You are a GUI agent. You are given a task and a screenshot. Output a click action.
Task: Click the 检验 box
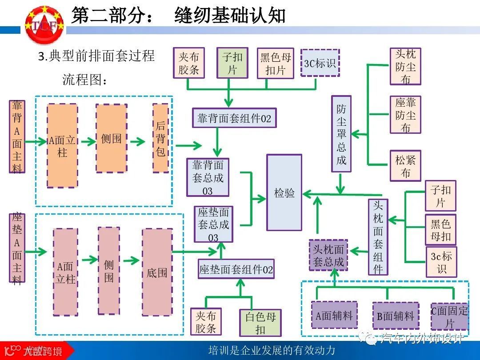[x=284, y=192]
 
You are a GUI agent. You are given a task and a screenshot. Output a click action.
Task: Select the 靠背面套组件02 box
[x=234, y=118]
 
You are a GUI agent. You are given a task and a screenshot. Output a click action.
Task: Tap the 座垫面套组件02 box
[x=236, y=269]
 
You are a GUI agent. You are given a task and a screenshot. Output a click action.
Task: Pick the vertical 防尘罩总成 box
[x=341, y=134]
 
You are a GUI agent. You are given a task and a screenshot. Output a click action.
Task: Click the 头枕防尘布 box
[x=405, y=66]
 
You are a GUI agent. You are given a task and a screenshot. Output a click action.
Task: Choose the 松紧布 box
[x=405, y=166]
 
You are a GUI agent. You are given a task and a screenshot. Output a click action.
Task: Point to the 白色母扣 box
[x=260, y=323]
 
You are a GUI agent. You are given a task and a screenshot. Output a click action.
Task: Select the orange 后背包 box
[x=160, y=138]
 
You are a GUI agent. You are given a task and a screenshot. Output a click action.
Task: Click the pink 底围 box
[x=157, y=272]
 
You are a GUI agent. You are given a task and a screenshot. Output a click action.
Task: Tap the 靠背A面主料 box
[x=17, y=136]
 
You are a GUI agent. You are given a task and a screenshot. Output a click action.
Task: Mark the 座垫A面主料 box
[x=17, y=248]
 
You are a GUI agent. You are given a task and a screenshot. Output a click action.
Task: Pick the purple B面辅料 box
[x=395, y=316]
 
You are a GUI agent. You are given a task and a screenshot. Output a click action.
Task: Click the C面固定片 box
[x=449, y=316]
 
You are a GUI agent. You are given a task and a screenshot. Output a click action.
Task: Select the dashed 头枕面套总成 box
[x=328, y=256]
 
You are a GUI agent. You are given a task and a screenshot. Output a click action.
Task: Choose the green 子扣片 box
[x=232, y=63]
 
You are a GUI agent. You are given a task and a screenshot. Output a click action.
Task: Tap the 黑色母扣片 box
[x=276, y=63]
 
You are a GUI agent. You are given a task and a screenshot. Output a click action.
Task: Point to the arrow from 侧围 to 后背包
[x=138, y=142]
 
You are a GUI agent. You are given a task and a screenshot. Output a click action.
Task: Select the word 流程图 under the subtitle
[x=84, y=80]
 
